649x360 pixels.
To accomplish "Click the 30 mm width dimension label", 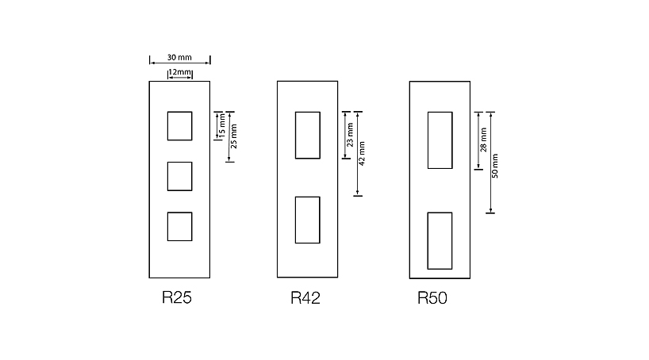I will click(179, 58).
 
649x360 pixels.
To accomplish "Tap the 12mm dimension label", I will click(180, 73).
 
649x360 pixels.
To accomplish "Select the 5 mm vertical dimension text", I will click(222, 124).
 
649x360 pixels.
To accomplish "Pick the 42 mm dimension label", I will click(363, 154).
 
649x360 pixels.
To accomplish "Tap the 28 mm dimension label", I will click(483, 140).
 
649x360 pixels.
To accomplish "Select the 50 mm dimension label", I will click(495, 164).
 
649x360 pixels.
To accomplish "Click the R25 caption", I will click(177, 299).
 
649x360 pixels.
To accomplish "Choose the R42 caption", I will click(305, 299).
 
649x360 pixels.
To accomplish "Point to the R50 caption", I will click(435, 299).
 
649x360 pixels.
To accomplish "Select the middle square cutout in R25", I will click(179, 176).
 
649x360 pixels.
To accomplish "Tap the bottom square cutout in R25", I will click(179, 226).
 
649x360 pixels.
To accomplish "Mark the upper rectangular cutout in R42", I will click(307, 136).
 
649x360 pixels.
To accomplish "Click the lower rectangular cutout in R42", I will click(307, 220).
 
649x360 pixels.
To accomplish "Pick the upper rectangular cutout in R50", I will click(440, 140).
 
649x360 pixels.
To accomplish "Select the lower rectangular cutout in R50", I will click(440, 240).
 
